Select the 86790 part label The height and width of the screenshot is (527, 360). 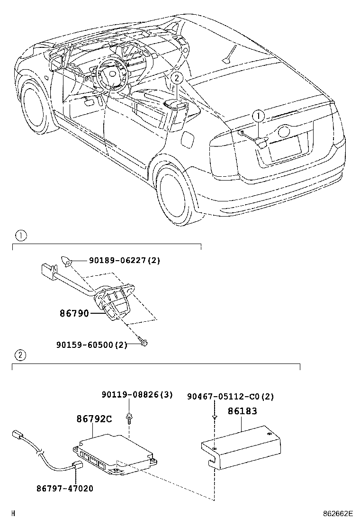pos(74,313)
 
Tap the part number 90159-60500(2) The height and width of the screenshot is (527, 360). pos(91,345)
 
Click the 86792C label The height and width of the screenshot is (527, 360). pos(94,419)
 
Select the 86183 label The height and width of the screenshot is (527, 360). pos(243,411)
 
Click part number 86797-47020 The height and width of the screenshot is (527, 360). pos(64,488)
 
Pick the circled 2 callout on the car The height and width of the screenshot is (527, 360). pos(176,79)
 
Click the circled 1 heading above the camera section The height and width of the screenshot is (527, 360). pos(20,235)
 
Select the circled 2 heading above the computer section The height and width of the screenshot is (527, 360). pos(20,354)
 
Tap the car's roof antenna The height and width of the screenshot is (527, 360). pos(229,54)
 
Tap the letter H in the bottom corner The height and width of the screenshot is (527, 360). pos(13,513)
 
